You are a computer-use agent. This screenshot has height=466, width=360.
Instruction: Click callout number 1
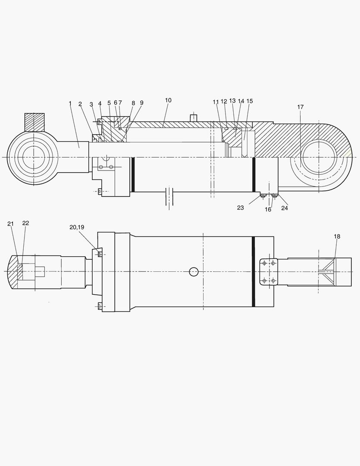70,103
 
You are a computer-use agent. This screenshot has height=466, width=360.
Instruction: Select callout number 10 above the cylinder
168,100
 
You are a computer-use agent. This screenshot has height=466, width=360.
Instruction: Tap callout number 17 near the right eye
300,107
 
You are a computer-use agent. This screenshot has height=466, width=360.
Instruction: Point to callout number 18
337,236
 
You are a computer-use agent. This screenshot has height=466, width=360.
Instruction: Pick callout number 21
11,224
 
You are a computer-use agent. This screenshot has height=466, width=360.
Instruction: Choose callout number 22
25,223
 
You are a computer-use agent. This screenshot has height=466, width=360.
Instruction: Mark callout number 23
240,208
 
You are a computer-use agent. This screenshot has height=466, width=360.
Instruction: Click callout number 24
285,208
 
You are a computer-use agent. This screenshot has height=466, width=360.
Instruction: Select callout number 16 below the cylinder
268,209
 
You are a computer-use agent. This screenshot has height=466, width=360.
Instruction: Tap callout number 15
250,101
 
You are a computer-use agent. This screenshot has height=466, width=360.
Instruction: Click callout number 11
216,101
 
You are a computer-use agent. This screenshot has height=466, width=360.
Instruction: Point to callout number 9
141,103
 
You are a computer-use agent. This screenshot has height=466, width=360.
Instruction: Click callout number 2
80,104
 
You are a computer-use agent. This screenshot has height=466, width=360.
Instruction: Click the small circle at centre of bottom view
194,271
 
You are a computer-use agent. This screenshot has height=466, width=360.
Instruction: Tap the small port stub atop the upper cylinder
194,117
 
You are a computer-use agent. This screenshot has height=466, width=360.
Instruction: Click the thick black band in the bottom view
254,271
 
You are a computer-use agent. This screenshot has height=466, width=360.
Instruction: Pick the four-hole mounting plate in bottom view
268,272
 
